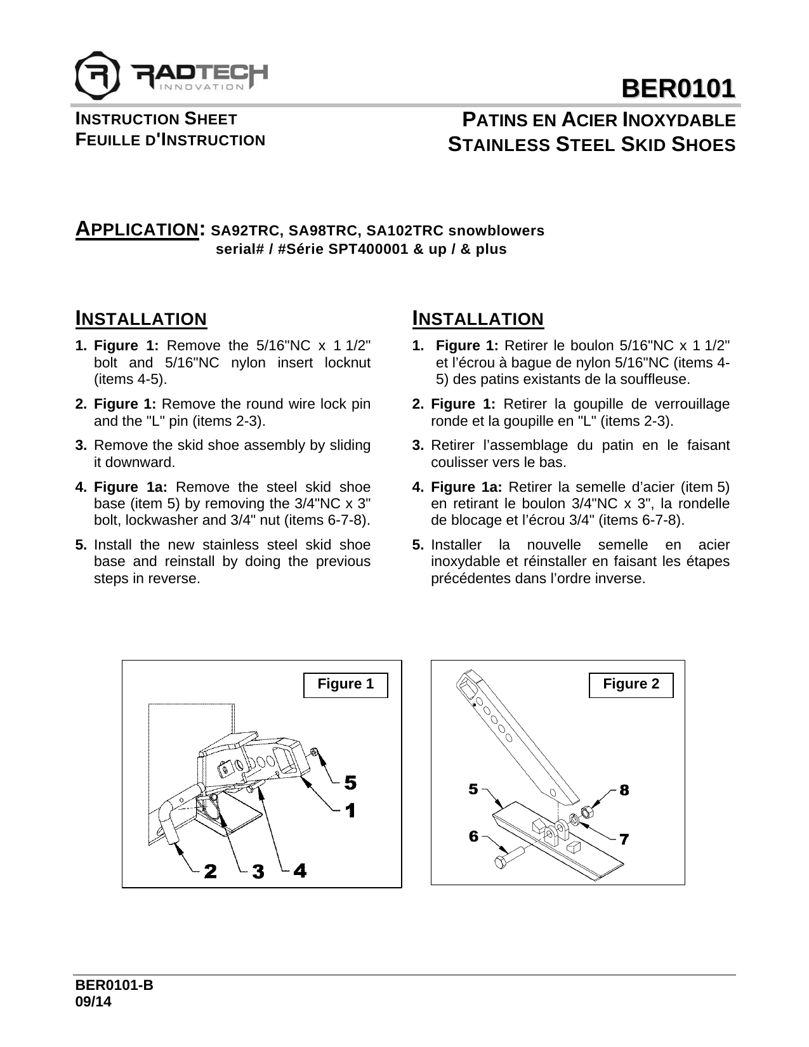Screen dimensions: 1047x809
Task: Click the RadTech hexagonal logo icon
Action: [97, 73]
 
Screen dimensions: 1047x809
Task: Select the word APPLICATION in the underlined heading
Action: [135, 229]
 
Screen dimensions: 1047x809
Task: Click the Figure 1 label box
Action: [345, 685]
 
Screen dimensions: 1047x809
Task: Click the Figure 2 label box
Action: [631, 685]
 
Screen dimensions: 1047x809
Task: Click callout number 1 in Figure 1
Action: [350, 810]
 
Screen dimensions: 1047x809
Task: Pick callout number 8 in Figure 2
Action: [624, 790]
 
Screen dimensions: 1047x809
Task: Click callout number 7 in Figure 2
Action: [624, 839]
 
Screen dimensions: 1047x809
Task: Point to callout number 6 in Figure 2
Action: [474, 836]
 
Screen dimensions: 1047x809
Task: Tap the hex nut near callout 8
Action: [588, 812]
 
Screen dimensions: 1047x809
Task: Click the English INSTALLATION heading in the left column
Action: [141, 319]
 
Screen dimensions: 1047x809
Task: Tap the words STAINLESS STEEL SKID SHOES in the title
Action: [592, 145]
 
